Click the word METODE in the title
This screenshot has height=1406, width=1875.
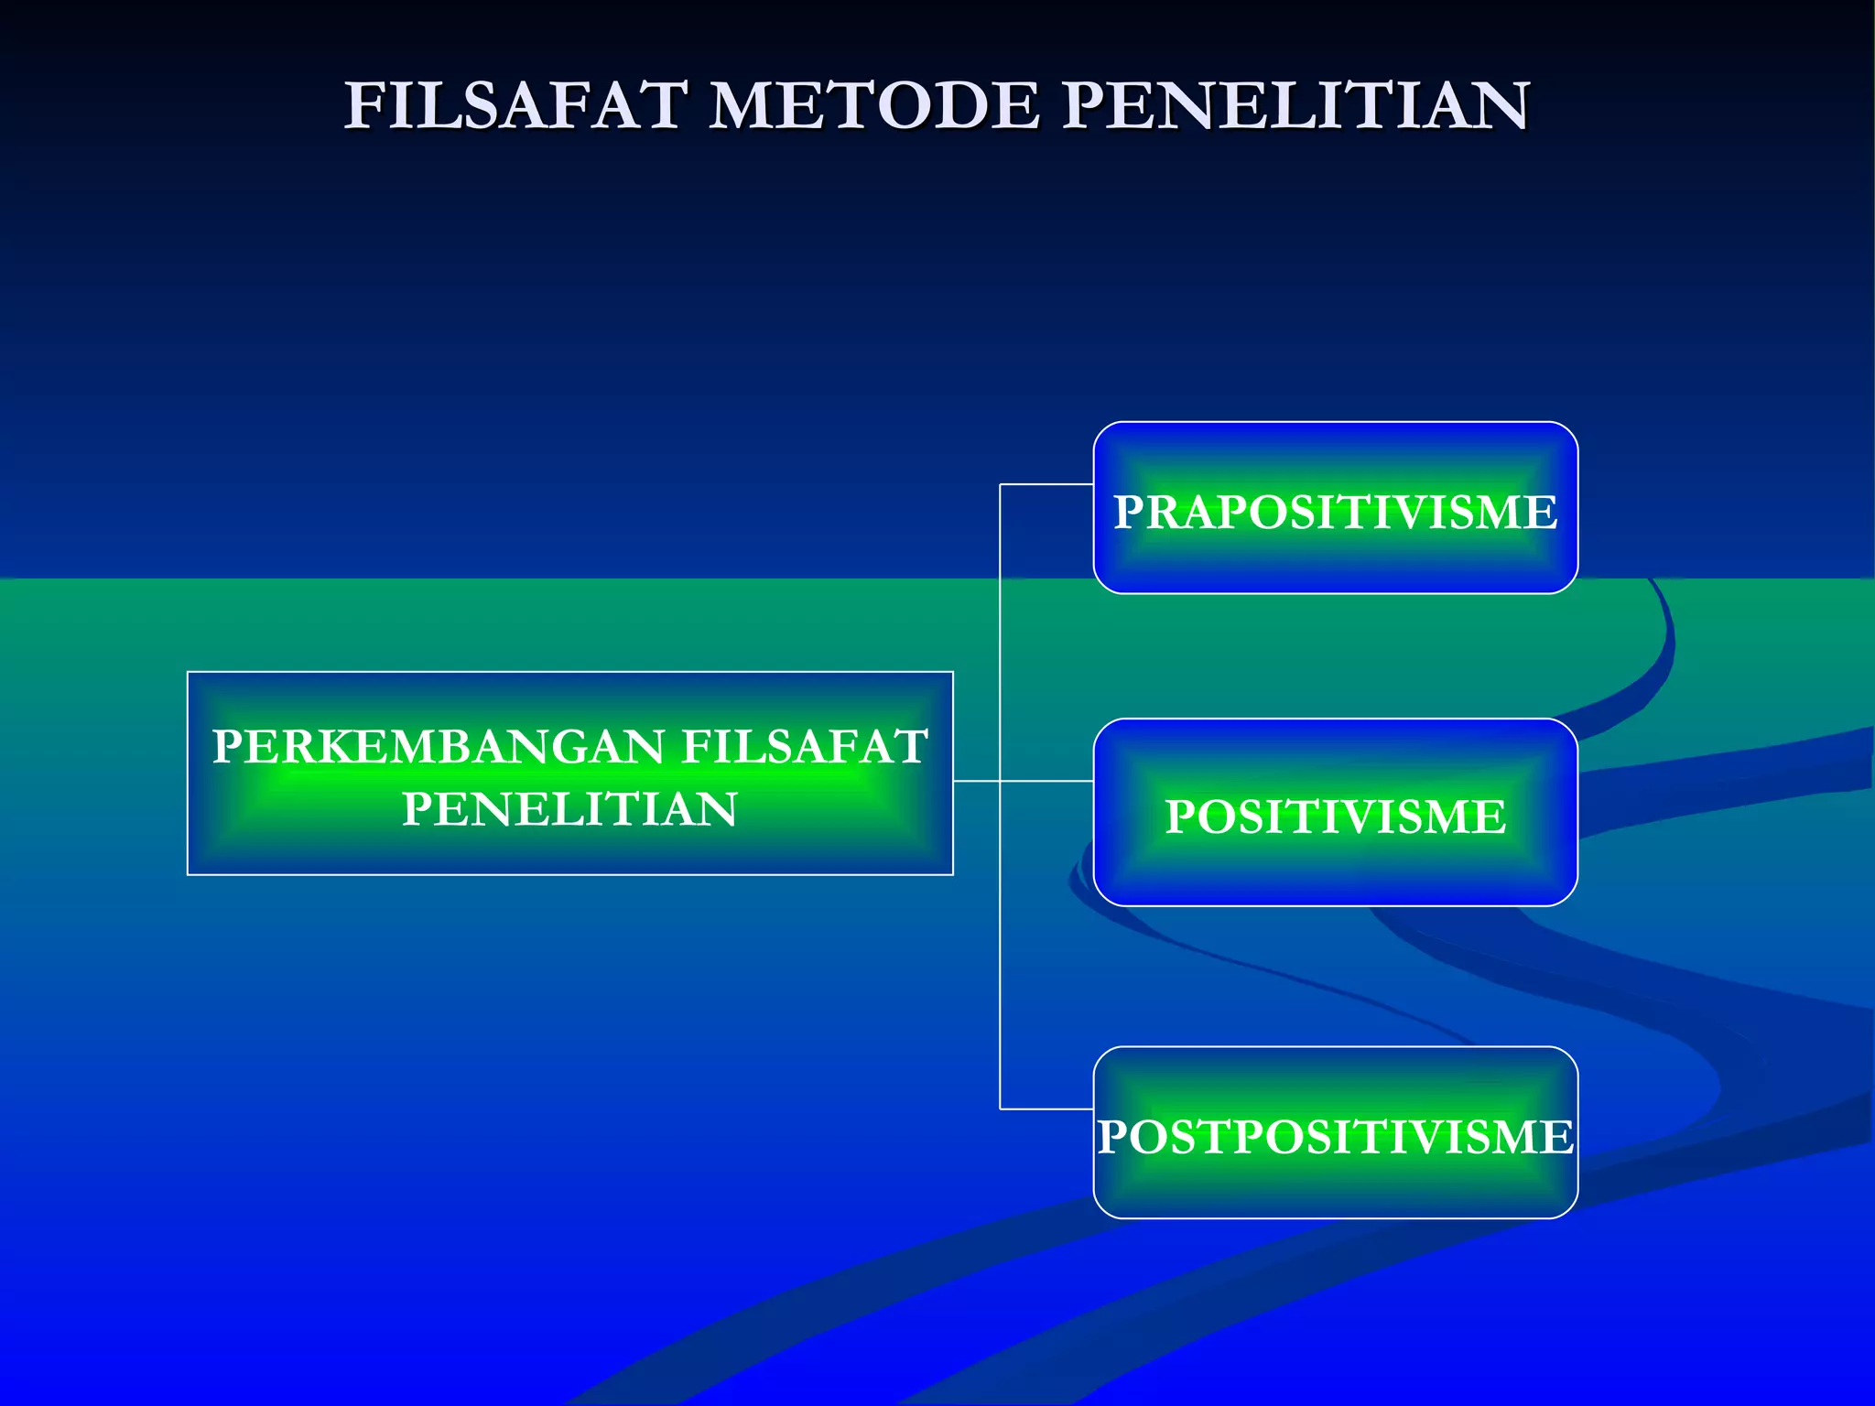(x=874, y=105)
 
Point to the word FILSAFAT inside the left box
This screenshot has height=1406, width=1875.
(x=806, y=746)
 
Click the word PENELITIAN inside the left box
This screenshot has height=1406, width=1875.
(x=569, y=809)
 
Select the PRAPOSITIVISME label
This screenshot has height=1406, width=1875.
(x=1335, y=512)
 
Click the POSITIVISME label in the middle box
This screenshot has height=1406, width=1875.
(x=1335, y=817)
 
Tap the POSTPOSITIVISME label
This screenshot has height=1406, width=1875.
(x=1335, y=1137)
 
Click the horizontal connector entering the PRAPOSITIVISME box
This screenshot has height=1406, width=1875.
(x=1046, y=484)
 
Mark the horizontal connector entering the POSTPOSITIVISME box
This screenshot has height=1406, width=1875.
(x=1046, y=1109)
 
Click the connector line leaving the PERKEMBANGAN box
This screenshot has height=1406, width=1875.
(x=976, y=781)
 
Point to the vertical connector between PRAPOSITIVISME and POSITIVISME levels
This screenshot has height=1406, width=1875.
(x=1000, y=632)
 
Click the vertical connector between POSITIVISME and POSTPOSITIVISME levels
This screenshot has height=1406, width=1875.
(x=1000, y=943)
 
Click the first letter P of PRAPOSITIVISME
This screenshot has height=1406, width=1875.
(x=1128, y=512)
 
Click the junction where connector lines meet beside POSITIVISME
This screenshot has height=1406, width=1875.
(x=1000, y=781)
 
